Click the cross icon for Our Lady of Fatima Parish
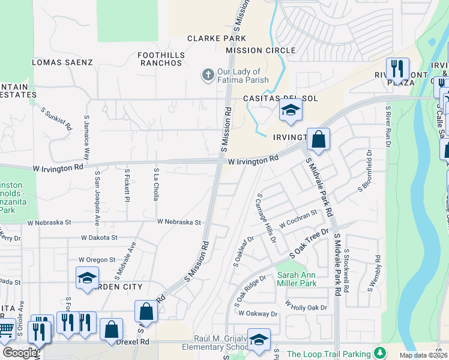208,75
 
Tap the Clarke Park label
208,38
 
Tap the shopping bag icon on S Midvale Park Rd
319,140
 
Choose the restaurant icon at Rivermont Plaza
397,69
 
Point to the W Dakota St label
98,238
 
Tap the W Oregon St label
97,260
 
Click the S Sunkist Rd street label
56,119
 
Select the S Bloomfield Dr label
365,170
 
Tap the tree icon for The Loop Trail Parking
379,353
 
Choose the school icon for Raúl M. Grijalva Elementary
259,340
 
